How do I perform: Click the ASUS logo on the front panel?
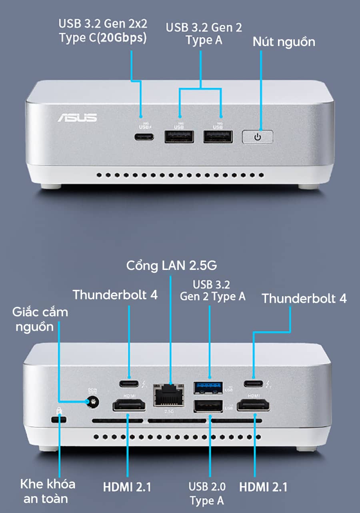point(77,117)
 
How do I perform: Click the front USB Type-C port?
point(144,136)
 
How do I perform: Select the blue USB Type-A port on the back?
point(208,387)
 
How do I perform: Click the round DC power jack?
point(93,401)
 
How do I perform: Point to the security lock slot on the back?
point(59,419)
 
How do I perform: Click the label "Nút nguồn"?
point(284,42)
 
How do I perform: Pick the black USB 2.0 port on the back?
point(208,406)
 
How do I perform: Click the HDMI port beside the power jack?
point(129,406)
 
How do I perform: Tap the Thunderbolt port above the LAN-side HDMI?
point(129,385)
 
